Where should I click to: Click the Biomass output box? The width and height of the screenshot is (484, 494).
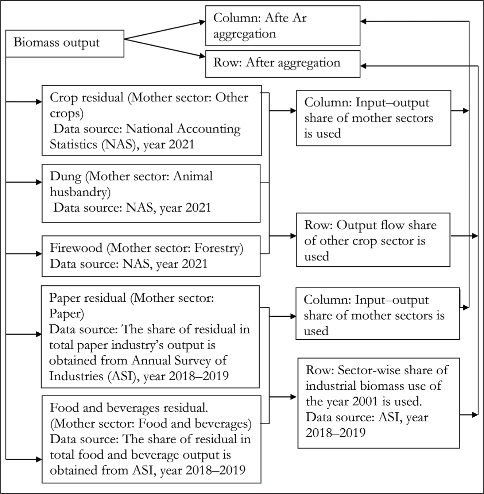[65, 43]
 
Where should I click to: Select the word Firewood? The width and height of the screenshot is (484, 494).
[76, 248]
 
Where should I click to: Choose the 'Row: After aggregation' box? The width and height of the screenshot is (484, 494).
[283, 64]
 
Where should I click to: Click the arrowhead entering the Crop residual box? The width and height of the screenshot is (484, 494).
[39, 102]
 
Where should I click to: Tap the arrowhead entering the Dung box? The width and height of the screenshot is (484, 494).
[39, 182]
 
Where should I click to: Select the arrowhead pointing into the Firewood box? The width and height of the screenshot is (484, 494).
[39, 254]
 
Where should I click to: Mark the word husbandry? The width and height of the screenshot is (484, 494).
[80, 192]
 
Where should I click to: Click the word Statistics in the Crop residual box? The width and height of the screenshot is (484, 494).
[74, 144]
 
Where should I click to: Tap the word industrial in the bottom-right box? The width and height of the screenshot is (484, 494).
[331, 386]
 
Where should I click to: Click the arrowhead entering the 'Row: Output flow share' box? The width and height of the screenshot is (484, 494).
[293, 236]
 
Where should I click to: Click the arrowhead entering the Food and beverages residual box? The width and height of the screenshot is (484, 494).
[39, 460]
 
